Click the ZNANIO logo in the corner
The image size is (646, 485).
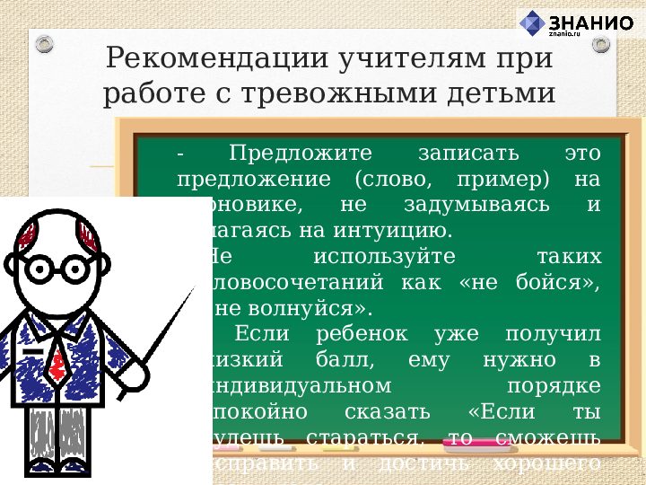tap(578, 23)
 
